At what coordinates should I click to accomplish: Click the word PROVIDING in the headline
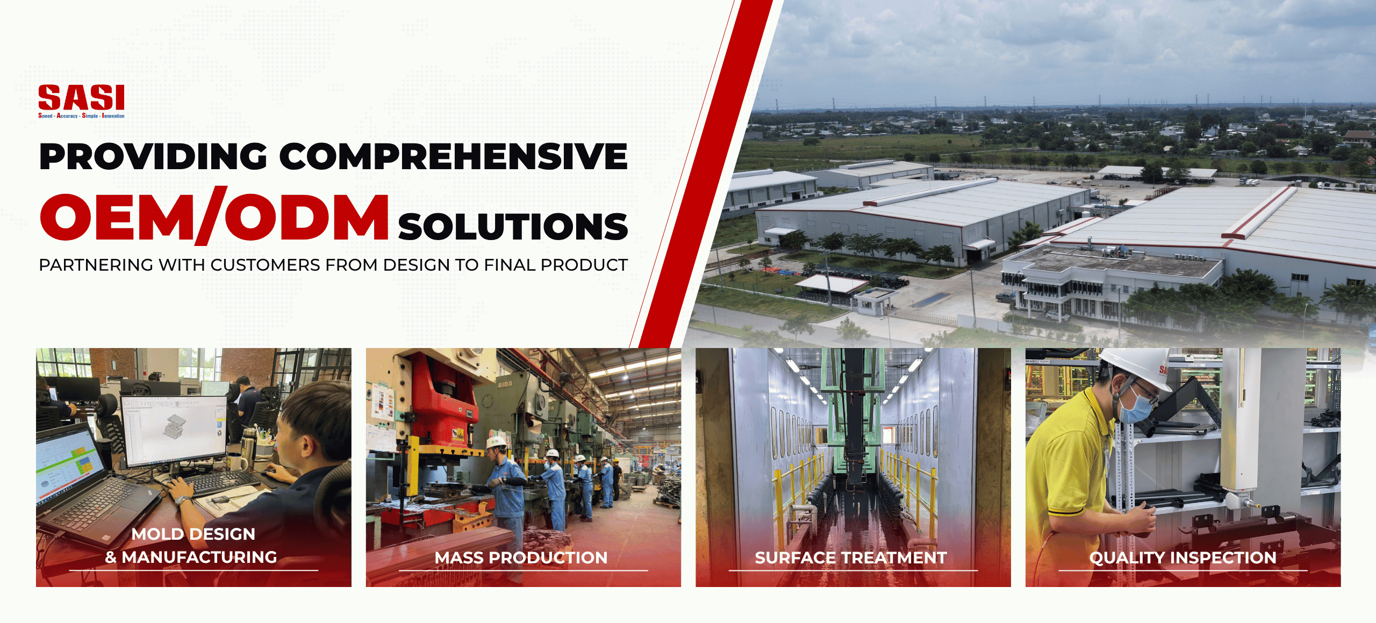[153, 157]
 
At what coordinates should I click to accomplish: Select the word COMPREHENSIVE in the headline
[453, 157]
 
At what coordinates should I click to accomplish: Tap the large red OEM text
[117, 217]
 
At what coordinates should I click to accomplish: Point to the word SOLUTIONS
[513, 226]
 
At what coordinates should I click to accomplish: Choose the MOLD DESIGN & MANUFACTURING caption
[192, 546]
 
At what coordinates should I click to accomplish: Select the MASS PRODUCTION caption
[521, 558]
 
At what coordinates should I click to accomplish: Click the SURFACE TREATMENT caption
[851, 558]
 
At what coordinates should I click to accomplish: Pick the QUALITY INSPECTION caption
[1182, 558]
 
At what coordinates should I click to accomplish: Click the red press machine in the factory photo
[441, 397]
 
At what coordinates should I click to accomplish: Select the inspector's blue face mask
[1136, 406]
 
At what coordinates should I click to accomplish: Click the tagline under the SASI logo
[81, 116]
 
